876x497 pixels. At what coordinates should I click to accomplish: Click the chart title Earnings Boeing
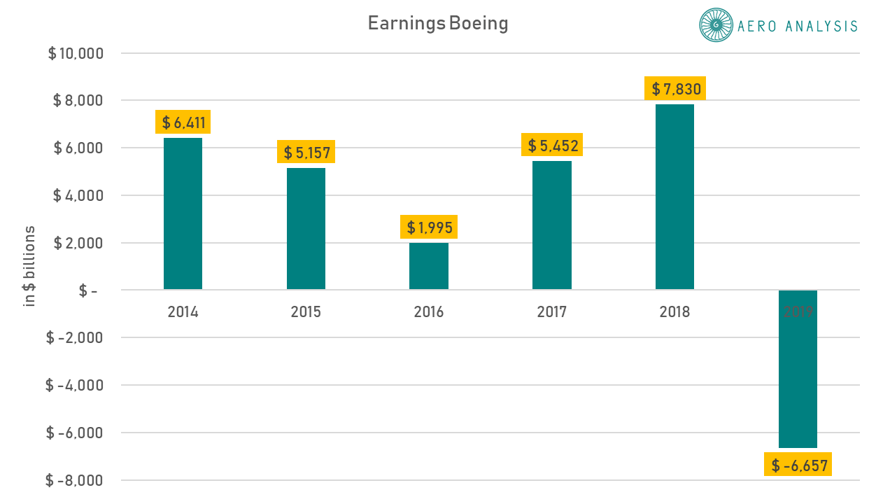(x=438, y=24)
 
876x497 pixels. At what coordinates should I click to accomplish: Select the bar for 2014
(x=183, y=213)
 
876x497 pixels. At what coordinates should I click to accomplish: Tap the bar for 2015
(x=306, y=229)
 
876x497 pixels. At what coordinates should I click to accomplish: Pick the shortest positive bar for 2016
(x=429, y=266)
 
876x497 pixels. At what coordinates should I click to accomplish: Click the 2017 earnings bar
(x=552, y=225)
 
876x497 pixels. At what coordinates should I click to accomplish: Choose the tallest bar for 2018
(x=674, y=197)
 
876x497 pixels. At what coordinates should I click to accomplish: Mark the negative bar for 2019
(x=798, y=369)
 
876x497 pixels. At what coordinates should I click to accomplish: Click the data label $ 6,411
(x=183, y=122)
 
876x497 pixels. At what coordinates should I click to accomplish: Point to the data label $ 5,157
(x=306, y=152)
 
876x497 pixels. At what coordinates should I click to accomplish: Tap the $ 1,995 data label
(x=429, y=227)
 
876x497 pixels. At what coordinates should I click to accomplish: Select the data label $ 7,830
(x=675, y=89)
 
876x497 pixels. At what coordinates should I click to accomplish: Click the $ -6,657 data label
(x=798, y=465)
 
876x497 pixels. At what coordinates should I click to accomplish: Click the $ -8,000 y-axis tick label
(x=74, y=480)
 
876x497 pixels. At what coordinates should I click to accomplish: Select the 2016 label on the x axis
(x=429, y=312)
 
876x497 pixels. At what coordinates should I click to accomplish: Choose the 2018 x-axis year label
(x=674, y=312)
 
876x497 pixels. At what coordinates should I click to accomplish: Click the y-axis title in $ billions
(x=30, y=267)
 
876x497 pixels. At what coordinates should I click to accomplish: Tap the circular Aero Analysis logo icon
(x=715, y=26)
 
